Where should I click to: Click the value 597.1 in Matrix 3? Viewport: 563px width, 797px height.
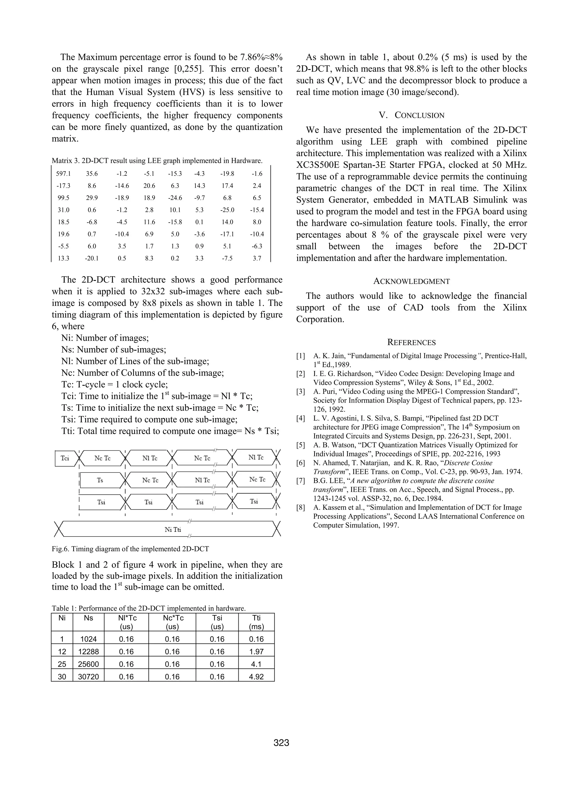pyautogui.click(x=63, y=174)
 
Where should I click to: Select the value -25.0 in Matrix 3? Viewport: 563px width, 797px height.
pyautogui.click(x=227, y=210)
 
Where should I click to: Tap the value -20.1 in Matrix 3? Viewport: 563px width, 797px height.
pyautogui.click(x=92, y=258)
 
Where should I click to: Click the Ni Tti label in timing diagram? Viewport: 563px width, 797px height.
pyautogui.click(x=173, y=530)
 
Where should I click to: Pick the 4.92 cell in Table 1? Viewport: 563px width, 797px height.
pyautogui.click(x=256, y=677)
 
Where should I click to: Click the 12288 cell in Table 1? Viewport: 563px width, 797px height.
pyautogui.click(x=89, y=651)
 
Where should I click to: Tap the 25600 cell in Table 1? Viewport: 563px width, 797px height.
pyautogui.click(x=89, y=664)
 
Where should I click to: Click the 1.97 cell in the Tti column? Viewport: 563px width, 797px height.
pyautogui.click(x=256, y=651)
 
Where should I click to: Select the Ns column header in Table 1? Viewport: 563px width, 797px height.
pyautogui.click(x=89, y=618)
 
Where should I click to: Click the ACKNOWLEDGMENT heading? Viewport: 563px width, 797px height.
pyautogui.click(x=412, y=281)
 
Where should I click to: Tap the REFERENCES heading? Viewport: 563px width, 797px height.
pyautogui.click(x=412, y=343)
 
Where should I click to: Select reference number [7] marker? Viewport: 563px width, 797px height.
pyautogui.click(x=300, y=481)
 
